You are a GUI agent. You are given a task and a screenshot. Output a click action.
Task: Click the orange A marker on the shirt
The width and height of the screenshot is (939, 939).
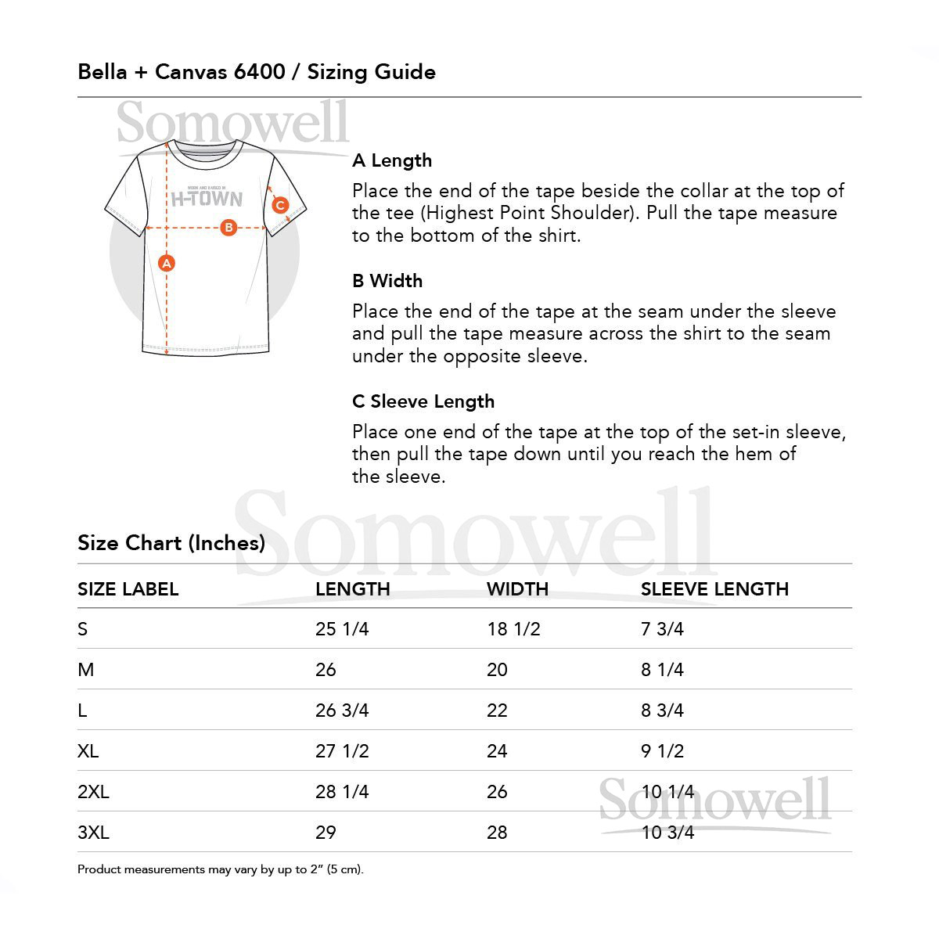click(166, 264)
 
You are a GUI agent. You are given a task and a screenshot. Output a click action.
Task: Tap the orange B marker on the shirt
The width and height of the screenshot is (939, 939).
click(228, 228)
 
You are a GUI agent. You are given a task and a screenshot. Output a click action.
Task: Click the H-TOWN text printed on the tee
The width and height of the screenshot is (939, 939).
click(207, 199)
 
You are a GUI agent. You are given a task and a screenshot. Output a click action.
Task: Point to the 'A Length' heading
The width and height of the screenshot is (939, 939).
click(392, 160)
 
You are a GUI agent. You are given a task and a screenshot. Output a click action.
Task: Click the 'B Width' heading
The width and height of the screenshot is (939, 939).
click(387, 281)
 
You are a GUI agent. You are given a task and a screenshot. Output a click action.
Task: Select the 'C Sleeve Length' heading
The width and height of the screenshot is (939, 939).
click(423, 401)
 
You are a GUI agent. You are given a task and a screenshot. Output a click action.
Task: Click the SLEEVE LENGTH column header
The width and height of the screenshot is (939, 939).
click(714, 589)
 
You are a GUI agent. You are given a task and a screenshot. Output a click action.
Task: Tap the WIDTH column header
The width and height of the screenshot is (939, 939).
click(517, 589)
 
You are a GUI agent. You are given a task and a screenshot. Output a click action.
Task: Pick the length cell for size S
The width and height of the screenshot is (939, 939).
click(342, 629)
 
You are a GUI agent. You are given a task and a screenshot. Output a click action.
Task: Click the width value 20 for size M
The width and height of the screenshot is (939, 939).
click(497, 670)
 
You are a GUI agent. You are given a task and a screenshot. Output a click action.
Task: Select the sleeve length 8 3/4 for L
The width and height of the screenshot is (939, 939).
click(662, 711)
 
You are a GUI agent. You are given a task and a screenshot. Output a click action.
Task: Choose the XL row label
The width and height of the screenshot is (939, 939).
click(88, 751)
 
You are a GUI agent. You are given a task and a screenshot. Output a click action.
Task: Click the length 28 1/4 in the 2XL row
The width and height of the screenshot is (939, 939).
click(342, 792)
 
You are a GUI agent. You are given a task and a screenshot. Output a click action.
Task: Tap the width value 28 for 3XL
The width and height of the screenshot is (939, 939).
click(497, 833)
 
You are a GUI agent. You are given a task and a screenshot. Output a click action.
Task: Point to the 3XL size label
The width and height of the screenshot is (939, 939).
click(93, 833)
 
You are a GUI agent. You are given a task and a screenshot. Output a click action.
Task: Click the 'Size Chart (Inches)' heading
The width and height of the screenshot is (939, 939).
click(171, 543)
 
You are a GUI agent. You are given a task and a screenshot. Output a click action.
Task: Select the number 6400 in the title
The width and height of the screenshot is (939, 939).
click(259, 72)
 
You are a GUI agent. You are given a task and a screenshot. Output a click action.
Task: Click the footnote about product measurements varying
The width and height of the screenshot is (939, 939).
click(221, 869)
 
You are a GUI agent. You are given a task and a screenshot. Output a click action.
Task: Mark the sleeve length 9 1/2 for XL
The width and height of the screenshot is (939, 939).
click(662, 751)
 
